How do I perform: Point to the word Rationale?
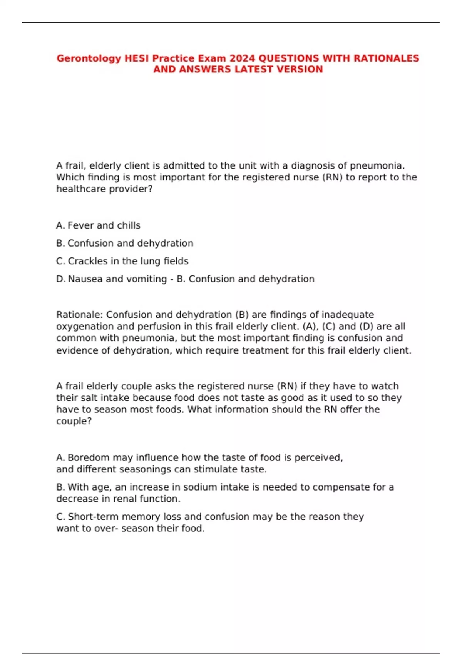79,315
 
